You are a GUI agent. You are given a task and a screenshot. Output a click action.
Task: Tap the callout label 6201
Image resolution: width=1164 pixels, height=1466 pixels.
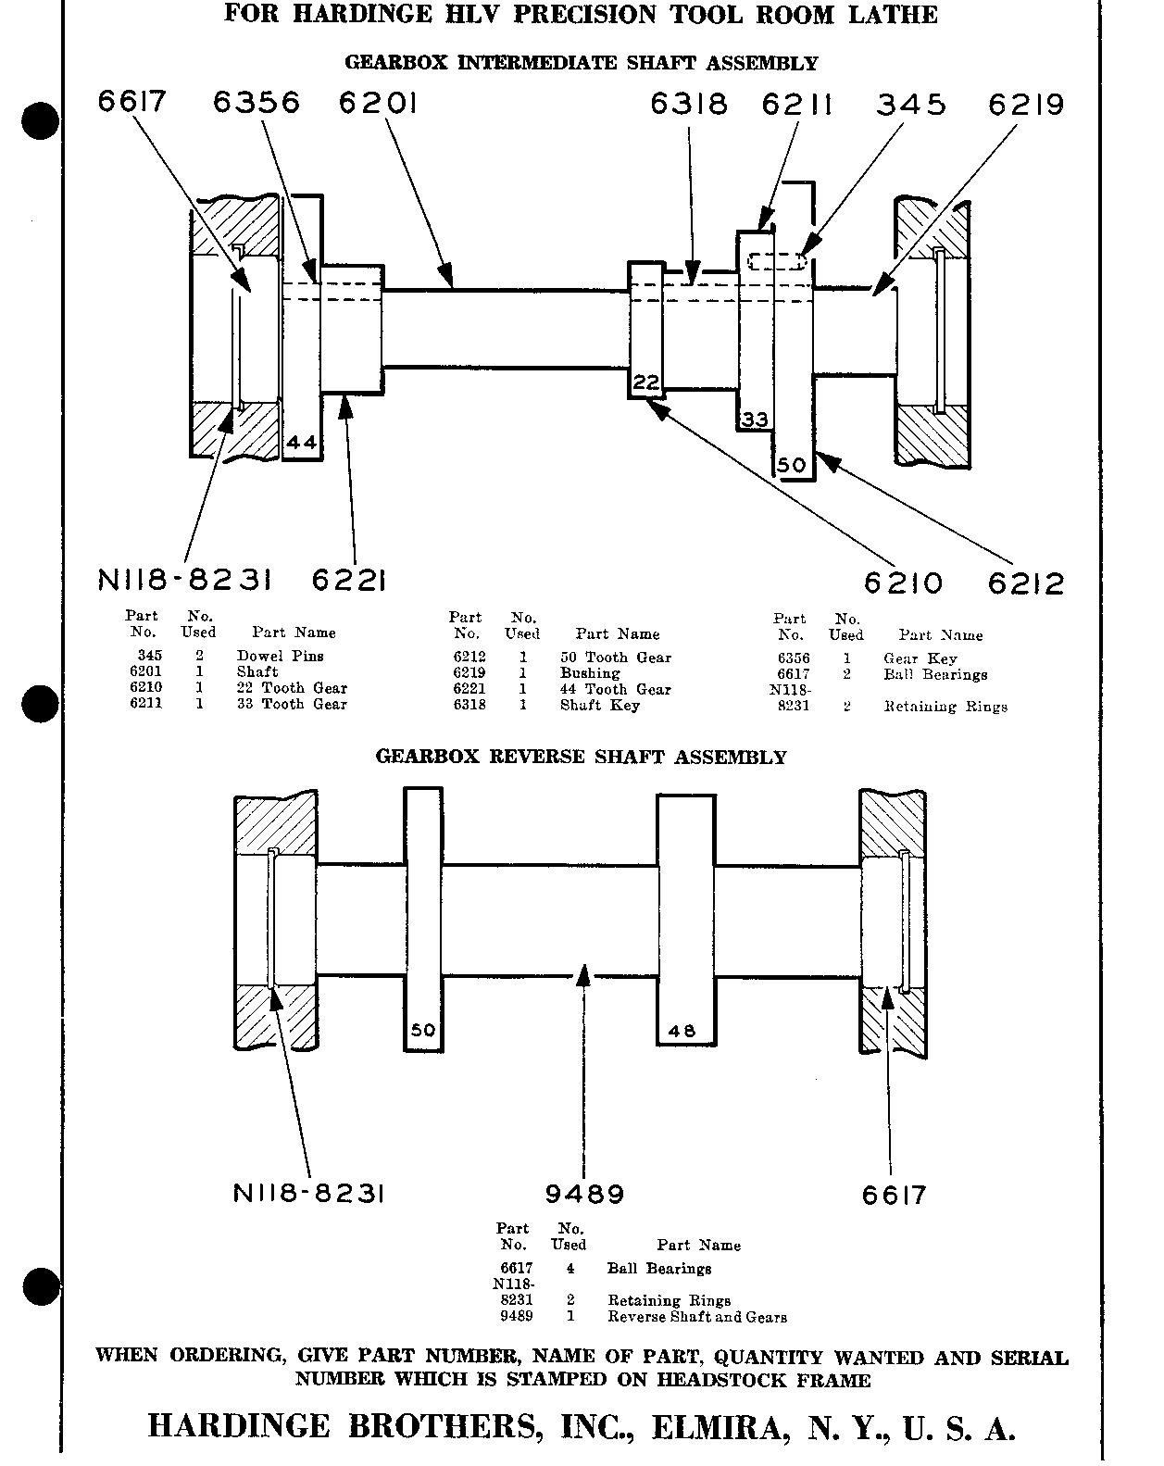[x=378, y=102]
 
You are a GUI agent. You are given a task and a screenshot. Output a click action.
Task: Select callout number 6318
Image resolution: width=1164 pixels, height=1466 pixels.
[x=689, y=104]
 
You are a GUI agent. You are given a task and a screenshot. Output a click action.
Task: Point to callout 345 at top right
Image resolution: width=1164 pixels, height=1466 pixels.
[x=911, y=104]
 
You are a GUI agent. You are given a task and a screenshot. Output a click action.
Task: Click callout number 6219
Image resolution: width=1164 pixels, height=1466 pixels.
[x=1026, y=105]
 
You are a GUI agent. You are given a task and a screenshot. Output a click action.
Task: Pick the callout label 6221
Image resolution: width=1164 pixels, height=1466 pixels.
[x=348, y=581]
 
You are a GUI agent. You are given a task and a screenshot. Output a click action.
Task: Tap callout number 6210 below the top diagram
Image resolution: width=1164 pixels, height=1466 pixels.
[x=903, y=583]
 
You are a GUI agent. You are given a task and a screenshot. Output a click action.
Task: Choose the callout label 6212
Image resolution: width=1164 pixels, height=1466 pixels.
[x=1026, y=584]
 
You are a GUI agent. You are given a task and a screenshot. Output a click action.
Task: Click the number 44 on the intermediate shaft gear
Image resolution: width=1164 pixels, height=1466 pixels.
[x=302, y=443]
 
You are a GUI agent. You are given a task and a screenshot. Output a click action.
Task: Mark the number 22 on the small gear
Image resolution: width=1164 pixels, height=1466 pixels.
[x=646, y=382]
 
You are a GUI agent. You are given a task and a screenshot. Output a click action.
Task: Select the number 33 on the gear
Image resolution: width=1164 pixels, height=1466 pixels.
[x=755, y=420]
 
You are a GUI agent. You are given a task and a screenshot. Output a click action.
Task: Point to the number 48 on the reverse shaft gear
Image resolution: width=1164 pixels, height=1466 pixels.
[x=682, y=1031]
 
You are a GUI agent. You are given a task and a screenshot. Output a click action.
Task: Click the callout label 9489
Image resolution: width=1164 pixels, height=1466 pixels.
[x=584, y=1195]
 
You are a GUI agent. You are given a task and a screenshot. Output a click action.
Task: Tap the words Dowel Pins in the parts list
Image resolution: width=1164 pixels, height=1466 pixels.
[x=280, y=656]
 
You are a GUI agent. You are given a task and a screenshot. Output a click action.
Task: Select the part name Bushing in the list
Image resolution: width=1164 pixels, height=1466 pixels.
[x=590, y=673]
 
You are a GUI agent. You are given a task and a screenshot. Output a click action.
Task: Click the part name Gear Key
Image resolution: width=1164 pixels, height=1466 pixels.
[x=920, y=658]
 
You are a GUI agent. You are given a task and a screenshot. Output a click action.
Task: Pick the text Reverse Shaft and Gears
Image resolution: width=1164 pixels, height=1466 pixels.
[x=696, y=1317]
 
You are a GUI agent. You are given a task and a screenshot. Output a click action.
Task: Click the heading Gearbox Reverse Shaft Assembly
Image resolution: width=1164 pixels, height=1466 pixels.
[x=581, y=757]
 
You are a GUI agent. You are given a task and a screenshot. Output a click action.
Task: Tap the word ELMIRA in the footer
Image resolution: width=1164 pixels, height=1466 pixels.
[x=716, y=1427]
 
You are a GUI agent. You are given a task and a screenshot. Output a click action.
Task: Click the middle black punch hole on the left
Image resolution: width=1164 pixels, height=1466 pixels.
[x=40, y=704]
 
